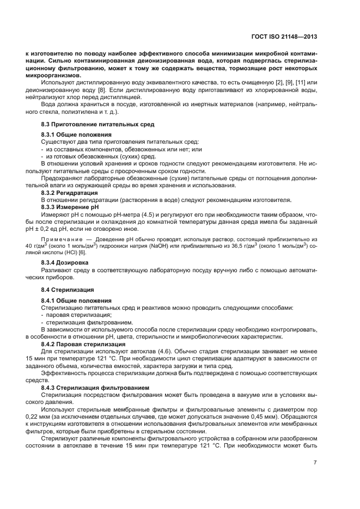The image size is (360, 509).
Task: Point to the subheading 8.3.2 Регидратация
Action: (70, 193)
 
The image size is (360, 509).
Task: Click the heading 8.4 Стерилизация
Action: (68, 290)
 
